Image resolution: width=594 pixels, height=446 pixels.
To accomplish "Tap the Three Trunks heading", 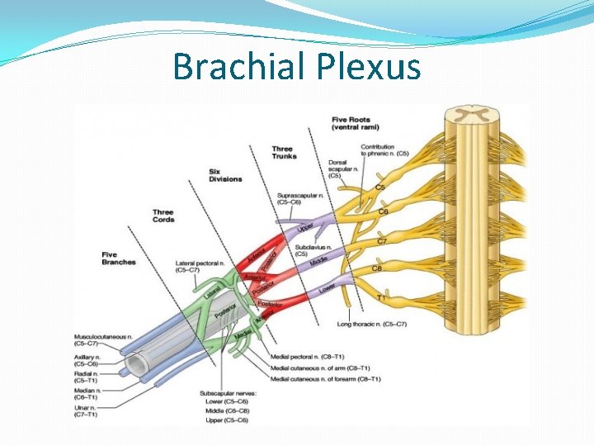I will click(282, 153).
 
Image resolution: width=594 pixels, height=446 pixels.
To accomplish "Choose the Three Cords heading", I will click(163, 216).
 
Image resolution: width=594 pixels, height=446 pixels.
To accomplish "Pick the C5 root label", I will click(380, 187).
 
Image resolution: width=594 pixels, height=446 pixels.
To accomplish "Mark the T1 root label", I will click(381, 297).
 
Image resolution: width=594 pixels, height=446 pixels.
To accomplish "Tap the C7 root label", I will click(381, 241).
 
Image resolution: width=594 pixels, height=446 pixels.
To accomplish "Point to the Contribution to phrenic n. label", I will click(384, 150).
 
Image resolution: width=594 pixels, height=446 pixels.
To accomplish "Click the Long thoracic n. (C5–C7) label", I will click(372, 324).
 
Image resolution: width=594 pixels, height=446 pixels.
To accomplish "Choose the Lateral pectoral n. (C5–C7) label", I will click(199, 266).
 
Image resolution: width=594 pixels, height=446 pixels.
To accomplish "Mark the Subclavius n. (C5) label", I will click(313, 250).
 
